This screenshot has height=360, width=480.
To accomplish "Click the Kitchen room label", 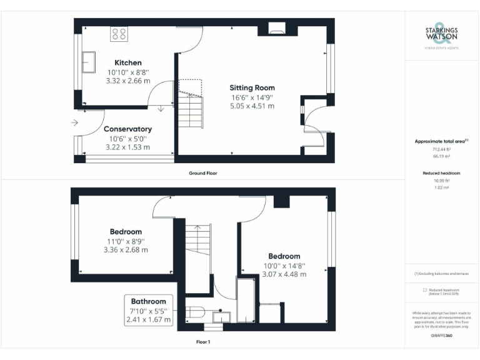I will (x=127, y=62).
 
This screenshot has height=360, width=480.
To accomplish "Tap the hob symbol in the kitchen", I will (x=119, y=34).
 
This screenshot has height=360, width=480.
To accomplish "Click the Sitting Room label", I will (x=252, y=87).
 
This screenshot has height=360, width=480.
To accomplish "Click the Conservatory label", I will (x=127, y=129).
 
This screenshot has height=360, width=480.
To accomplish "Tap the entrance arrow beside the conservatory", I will (x=74, y=122).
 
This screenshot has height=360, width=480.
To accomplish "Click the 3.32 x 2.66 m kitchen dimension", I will (x=127, y=81).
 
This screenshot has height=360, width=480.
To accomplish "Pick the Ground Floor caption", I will (x=203, y=173).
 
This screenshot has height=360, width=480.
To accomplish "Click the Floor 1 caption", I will (x=204, y=342).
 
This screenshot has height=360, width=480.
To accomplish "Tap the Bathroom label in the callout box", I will (x=148, y=301).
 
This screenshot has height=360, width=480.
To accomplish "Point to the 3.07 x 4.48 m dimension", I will (x=284, y=274).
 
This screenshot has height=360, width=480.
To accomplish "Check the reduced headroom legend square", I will (x=424, y=290).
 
